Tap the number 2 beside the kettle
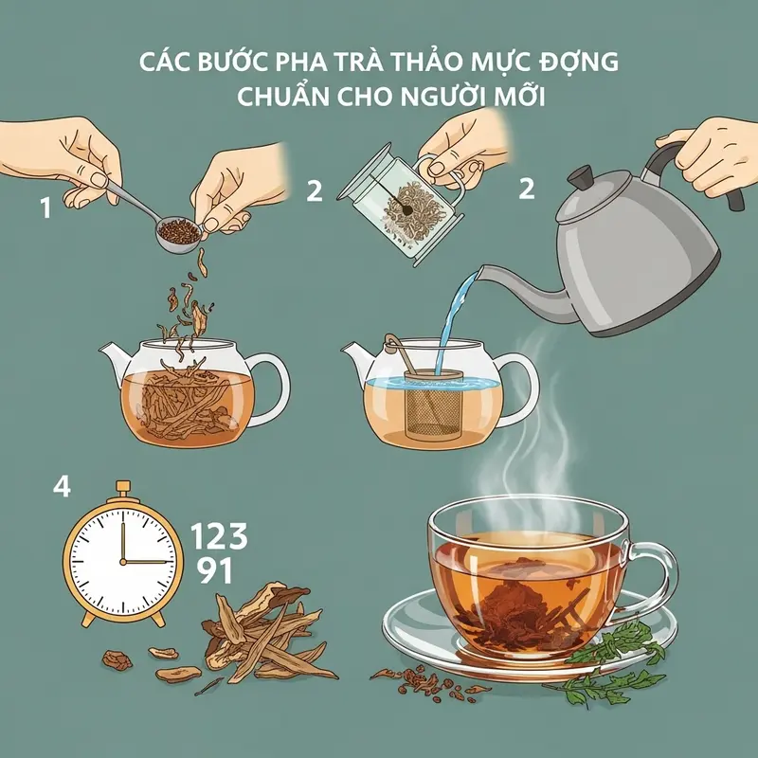point(526,189)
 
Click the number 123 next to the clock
point(219,536)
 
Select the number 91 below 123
point(211,571)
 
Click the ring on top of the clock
point(121,489)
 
